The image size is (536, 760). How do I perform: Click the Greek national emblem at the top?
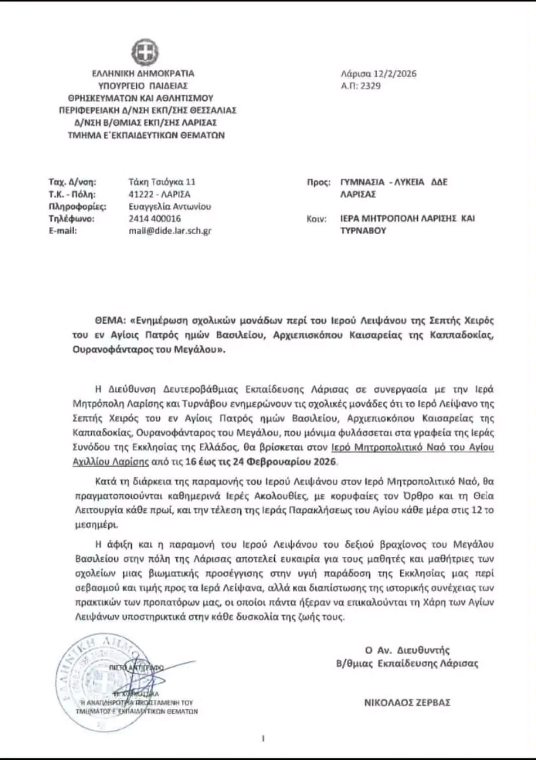tap(145, 52)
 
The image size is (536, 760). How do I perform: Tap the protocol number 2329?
tap(370, 86)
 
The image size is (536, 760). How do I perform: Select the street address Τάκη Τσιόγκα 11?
tap(162, 182)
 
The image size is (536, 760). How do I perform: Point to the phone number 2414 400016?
tap(155, 218)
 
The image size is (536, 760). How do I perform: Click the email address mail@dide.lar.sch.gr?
tap(170, 231)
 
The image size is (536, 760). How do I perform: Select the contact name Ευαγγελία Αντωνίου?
tap(169, 207)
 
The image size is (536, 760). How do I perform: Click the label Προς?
tap(318, 182)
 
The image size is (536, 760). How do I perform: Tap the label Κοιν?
tap(316, 219)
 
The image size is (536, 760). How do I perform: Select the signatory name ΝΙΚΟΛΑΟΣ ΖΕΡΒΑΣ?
tap(407, 703)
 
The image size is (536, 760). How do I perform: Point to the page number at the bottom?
tap(263, 739)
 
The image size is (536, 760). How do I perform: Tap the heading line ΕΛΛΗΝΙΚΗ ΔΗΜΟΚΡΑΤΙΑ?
tap(144, 74)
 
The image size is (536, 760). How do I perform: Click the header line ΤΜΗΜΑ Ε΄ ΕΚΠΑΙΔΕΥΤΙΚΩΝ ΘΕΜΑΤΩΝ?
tap(146, 135)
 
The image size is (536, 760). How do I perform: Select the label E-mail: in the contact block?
tap(62, 231)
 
